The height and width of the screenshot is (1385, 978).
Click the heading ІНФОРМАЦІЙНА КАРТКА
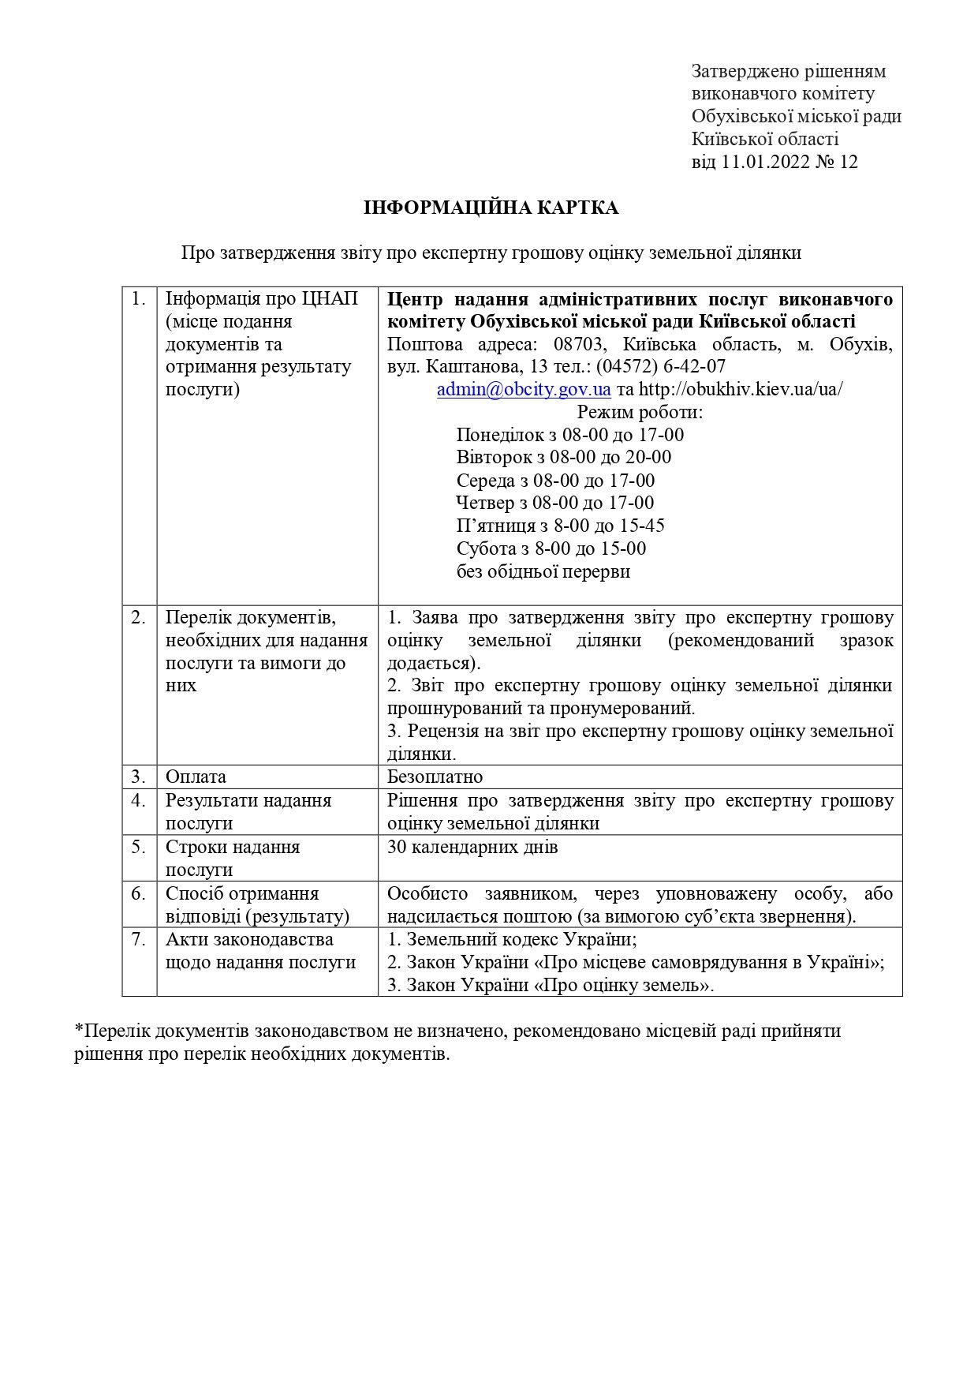491,208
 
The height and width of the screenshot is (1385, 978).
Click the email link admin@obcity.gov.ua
524,390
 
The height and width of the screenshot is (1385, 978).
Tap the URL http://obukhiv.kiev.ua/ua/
740,390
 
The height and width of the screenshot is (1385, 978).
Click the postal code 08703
577,345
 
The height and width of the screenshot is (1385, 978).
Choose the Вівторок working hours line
563,458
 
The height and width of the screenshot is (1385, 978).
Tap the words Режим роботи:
640,412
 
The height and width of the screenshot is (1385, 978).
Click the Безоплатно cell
435,777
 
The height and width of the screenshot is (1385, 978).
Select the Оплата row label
196,777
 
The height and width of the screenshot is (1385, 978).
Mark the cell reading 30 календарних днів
472,848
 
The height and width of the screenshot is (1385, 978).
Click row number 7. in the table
139,940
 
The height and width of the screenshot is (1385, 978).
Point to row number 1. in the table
139,299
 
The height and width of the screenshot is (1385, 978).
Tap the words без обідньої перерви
543,572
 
